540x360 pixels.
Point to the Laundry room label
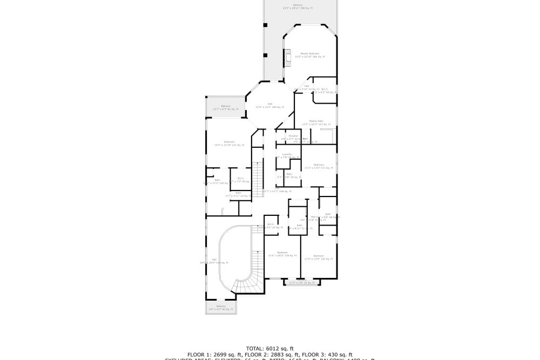point(287,155)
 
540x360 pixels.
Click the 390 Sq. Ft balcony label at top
point(298,6)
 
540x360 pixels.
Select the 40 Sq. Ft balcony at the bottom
point(221,308)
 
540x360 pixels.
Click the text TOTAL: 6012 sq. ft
point(269,348)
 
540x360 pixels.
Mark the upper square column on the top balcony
point(265,25)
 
